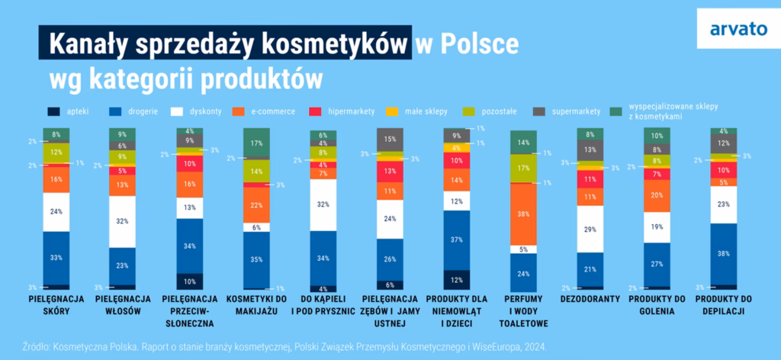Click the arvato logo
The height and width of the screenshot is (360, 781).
pos(737,31)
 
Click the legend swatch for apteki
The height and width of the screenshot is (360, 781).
pos(54,111)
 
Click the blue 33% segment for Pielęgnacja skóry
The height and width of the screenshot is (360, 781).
pos(56,258)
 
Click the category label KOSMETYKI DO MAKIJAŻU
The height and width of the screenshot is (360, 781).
pos(256,304)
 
